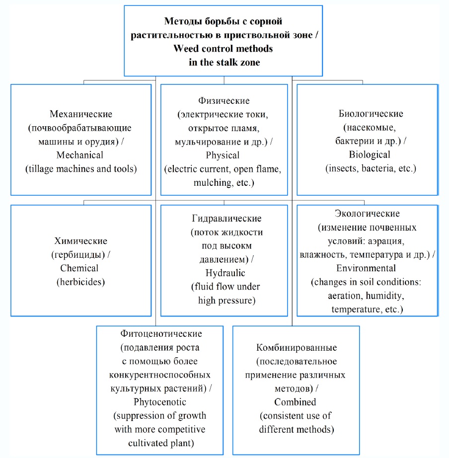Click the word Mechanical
(x=80, y=155)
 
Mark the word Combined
(x=295, y=402)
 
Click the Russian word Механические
(x=81, y=114)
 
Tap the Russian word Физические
(x=224, y=101)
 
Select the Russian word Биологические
(x=367, y=114)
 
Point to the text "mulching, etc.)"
(x=224, y=182)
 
